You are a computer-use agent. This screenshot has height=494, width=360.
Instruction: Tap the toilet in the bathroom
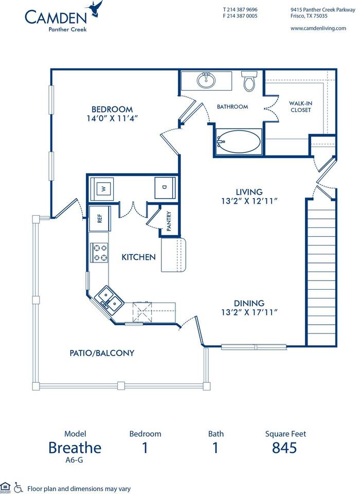tap(249, 81)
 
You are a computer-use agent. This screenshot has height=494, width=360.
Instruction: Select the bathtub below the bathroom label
tap(238, 140)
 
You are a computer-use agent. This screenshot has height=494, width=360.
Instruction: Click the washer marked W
tap(104, 188)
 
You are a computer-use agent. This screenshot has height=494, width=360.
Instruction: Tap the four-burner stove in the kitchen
tap(99, 253)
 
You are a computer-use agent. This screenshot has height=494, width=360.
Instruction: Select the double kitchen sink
tap(108, 297)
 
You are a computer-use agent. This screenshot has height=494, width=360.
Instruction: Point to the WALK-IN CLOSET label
tap(300, 106)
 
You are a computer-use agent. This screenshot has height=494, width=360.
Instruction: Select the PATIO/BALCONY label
tap(102, 353)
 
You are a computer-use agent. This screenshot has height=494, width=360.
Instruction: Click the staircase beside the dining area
tap(321, 273)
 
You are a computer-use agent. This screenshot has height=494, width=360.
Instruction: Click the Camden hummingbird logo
tap(96, 9)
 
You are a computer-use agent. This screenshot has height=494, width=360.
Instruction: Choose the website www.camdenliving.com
tap(318, 28)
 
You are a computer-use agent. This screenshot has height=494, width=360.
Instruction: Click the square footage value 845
tap(284, 448)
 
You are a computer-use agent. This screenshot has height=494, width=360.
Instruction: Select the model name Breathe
tap(75, 448)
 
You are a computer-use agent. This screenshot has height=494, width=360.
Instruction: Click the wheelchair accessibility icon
tap(19, 487)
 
